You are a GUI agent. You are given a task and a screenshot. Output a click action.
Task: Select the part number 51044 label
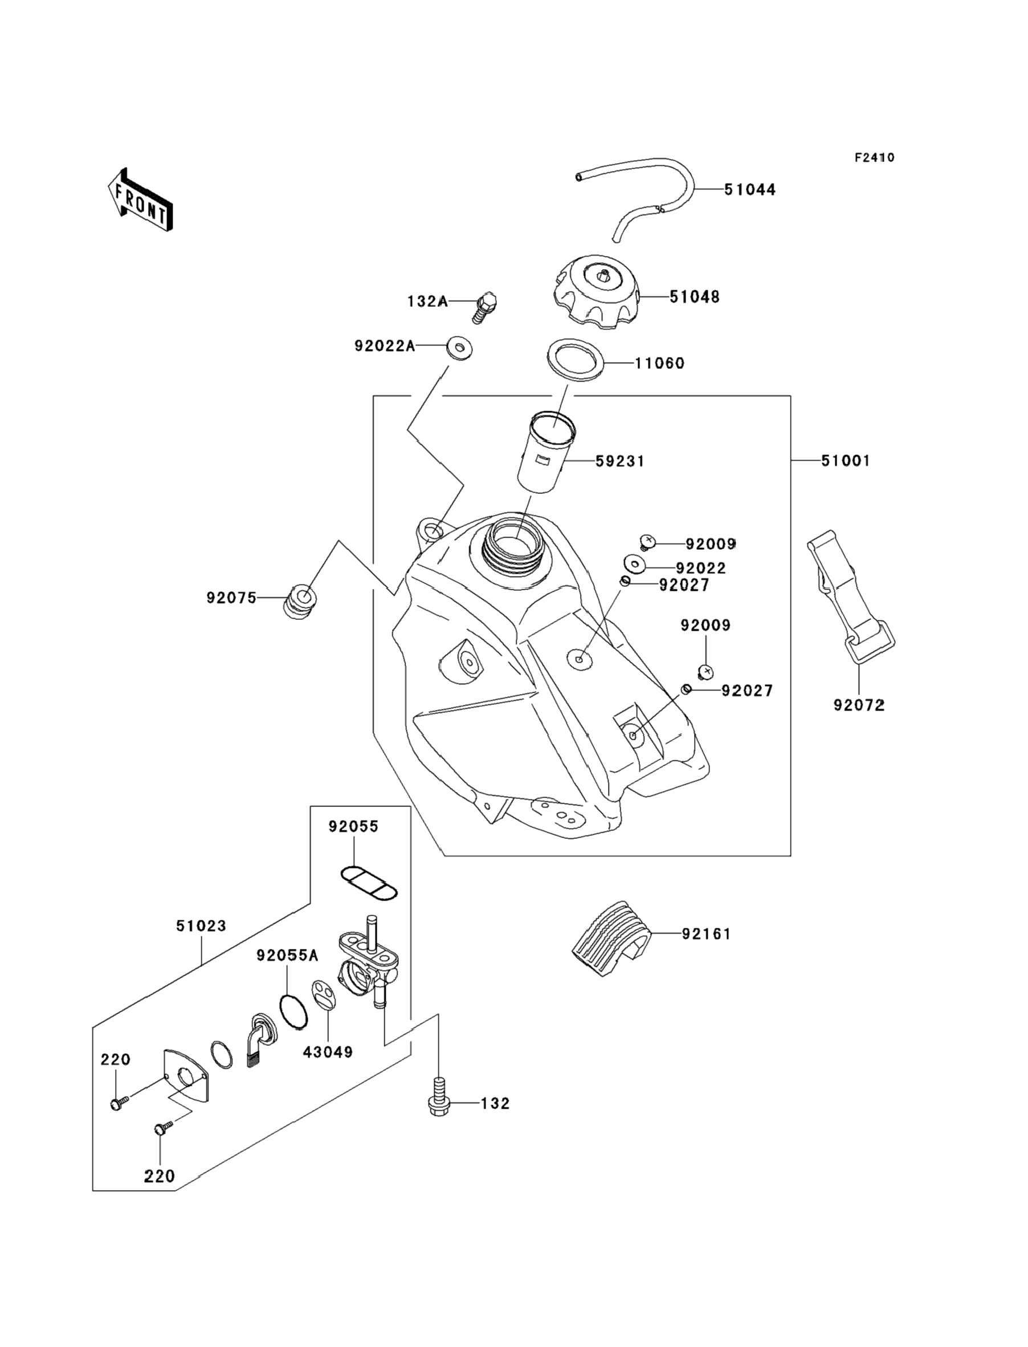(x=749, y=190)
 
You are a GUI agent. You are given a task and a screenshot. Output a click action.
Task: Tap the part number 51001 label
(x=845, y=460)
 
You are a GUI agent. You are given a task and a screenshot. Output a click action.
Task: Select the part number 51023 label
(x=201, y=926)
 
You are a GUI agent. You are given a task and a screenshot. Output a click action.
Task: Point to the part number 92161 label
(x=706, y=934)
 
